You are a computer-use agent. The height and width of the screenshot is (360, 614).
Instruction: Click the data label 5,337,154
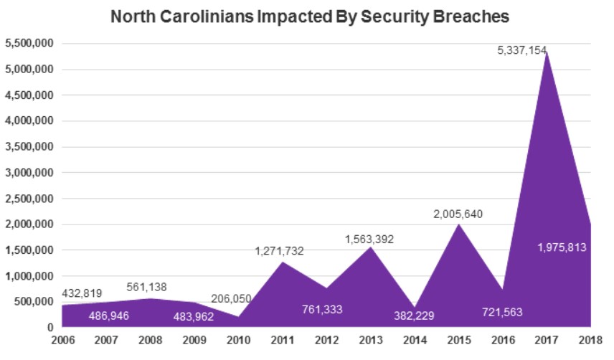(522, 51)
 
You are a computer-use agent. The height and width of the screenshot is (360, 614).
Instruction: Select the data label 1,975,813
(562, 247)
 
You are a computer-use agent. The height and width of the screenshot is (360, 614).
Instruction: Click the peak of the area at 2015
(458, 224)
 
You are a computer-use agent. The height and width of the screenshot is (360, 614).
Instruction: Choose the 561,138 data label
(152, 287)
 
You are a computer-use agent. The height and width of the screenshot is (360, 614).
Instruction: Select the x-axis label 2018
(591, 340)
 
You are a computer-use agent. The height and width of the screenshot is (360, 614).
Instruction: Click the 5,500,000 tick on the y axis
(29, 44)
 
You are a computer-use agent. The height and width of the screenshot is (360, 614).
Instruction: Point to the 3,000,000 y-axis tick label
(29, 173)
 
